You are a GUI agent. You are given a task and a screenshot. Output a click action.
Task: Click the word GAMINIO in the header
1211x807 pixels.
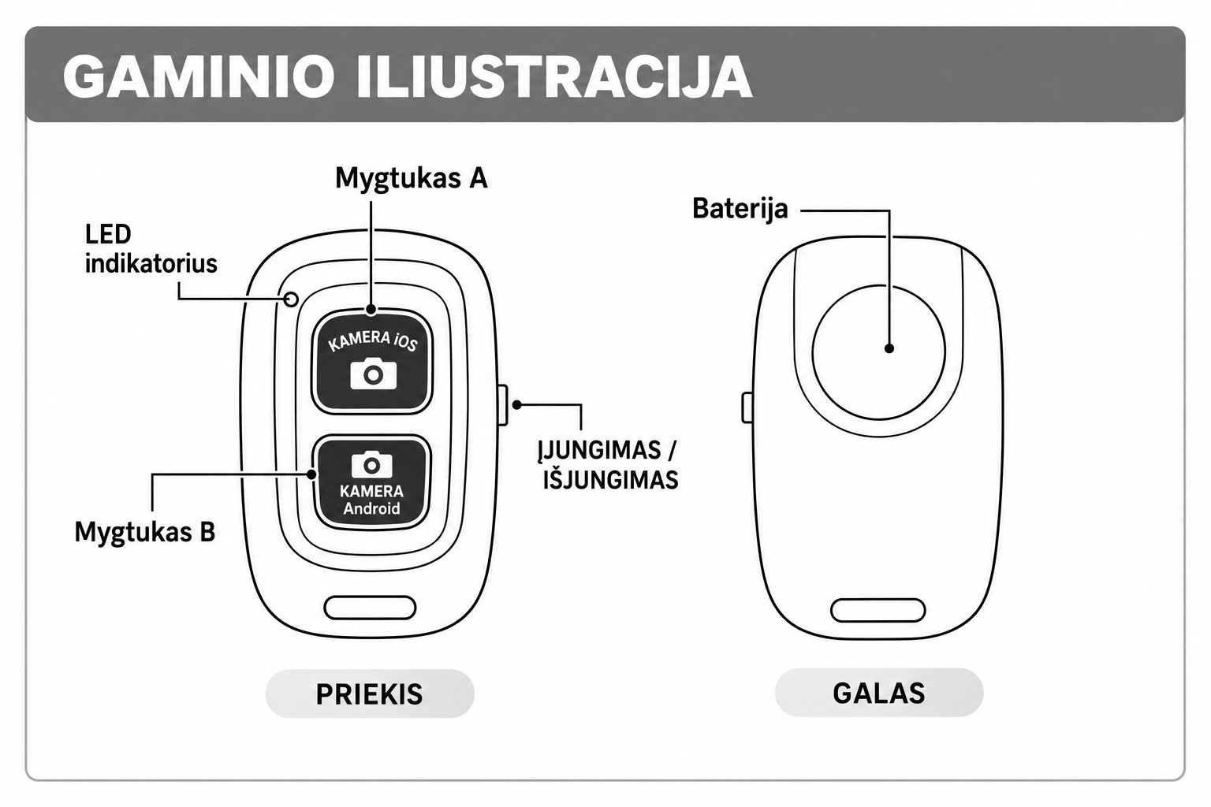pos(199,76)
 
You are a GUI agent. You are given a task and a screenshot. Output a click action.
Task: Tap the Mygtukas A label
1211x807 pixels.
pos(412,179)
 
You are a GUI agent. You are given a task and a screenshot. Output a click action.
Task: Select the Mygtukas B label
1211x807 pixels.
pos(145,533)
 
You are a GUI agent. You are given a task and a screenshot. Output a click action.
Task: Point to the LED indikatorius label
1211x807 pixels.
pos(151,249)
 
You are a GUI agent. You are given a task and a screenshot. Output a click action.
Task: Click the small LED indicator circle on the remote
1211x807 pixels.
pos(291,299)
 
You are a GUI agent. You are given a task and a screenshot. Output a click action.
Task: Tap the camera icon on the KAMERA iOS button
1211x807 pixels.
pos(373,373)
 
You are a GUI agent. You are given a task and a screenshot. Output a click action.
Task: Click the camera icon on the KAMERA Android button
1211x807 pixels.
pos(371,464)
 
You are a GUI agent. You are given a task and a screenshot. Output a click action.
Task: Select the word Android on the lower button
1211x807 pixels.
pos(371,508)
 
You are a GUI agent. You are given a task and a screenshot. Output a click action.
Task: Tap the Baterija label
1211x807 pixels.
pos(740,209)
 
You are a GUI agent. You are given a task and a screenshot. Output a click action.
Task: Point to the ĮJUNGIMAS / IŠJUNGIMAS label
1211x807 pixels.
pos(609,465)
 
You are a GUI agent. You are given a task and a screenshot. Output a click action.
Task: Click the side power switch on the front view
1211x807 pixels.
pos(501,405)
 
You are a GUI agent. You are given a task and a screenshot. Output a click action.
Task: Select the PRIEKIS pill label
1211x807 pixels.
pos(370,694)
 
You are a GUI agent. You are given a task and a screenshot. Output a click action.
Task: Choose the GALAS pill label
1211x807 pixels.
pos(879,693)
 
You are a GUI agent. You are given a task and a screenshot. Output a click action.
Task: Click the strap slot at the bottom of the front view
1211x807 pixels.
pos(370,608)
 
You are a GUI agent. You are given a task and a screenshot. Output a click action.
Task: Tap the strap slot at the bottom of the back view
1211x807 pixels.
pos(878,610)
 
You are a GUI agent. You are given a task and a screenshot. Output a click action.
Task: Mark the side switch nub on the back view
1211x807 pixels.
pos(747,407)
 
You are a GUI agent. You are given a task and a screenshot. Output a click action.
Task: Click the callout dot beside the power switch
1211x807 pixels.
pos(517,404)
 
